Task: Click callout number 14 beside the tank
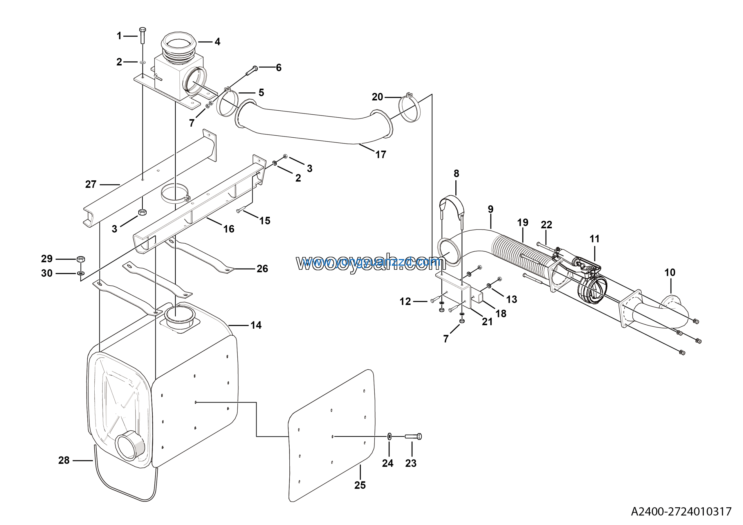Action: coord(256,325)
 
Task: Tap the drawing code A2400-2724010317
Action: coord(681,511)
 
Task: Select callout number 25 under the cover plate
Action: coord(360,485)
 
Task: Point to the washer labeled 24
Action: coord(389,436)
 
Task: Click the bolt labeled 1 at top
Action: coord(142,36)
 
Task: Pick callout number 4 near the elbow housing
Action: coord(217,42)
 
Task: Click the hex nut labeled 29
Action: coord(81,259)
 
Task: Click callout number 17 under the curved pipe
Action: coord(380,154)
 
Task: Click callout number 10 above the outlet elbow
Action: coord(670,273)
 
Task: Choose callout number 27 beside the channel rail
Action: coord(91,184)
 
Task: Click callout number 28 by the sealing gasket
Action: coord(64,460)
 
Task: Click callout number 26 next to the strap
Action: coord(262,268)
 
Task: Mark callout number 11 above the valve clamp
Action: coord(594,239)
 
